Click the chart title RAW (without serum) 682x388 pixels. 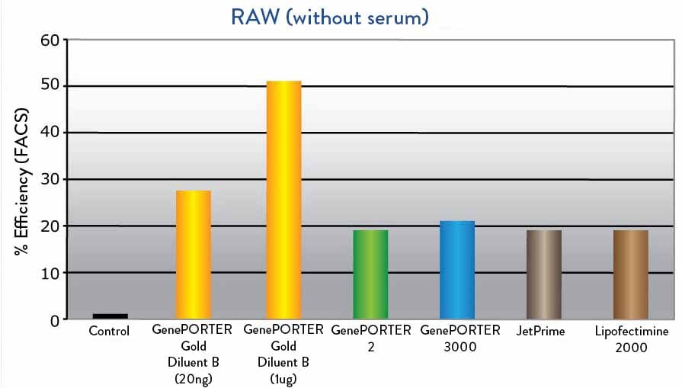click(x=330, y=18)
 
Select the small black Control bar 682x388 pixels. click(x=110, y=316)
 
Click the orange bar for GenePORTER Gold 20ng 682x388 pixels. click(x=194, y=255)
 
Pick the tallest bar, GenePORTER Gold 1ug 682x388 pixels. click(x=283, y=200)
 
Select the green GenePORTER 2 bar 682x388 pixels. click(x=370, y=274)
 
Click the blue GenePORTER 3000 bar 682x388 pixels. click(x=457, y=270)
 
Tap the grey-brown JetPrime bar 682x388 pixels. click(x=544, y=274)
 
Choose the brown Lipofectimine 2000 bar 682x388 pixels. click(x=631, y=274)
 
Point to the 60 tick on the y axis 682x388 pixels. click(x=50, y=40)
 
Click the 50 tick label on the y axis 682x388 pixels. click(x=50, y=85)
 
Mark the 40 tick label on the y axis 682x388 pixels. click(x=50, y=132)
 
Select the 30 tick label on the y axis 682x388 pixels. click(x=50, y=179)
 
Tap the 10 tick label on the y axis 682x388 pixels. click(x=50, y=274)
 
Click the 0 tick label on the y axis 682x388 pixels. click(x=54, y=321)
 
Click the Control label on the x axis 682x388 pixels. click(x=109, y=331)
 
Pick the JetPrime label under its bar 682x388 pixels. click(x=540, y=331)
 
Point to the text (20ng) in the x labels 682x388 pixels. click(x=194, y=380)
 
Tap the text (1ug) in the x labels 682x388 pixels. click(x=283, y=380)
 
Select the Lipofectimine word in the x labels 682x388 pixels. click(x=632, y=332)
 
